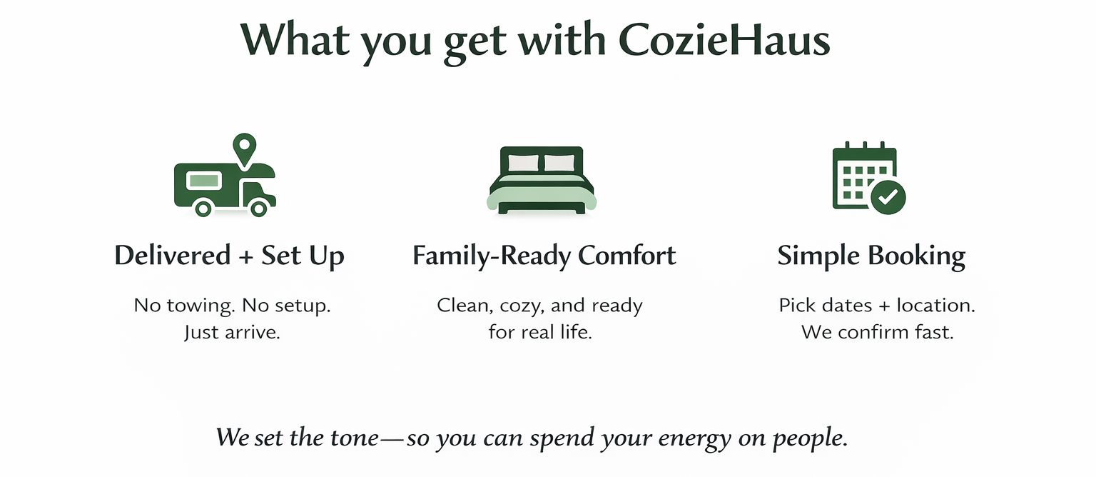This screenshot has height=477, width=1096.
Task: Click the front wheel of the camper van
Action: (x=259, y=208)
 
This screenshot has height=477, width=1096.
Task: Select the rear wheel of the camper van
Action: (x=203, y=208)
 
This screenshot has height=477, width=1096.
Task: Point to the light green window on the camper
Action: (x=203, y=180)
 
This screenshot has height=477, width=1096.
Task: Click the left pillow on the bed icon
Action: (x=524, y=163)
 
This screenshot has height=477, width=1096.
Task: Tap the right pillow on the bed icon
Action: (x=559, y=163)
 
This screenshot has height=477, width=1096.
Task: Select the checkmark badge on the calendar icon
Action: (x=888, y=196)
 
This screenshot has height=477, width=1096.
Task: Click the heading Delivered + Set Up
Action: (x=229, y=256)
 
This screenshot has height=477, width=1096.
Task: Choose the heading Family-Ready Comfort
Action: (x=544, y=256)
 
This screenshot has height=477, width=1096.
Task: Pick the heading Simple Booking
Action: (x=871, y=256)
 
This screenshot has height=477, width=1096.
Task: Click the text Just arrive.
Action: (x=232, y=332)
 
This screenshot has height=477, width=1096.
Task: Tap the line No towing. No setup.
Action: (x=233, y=306)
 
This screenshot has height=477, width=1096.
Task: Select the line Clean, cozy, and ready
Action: (x=539, y=306)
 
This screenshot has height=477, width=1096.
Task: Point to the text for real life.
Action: (x=540, y=332)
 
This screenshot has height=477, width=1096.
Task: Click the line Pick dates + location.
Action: (x=877, y=306)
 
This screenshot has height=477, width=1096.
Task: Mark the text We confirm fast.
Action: (x=877, y=332)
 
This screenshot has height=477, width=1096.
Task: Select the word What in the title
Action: (x=295, y=41)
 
